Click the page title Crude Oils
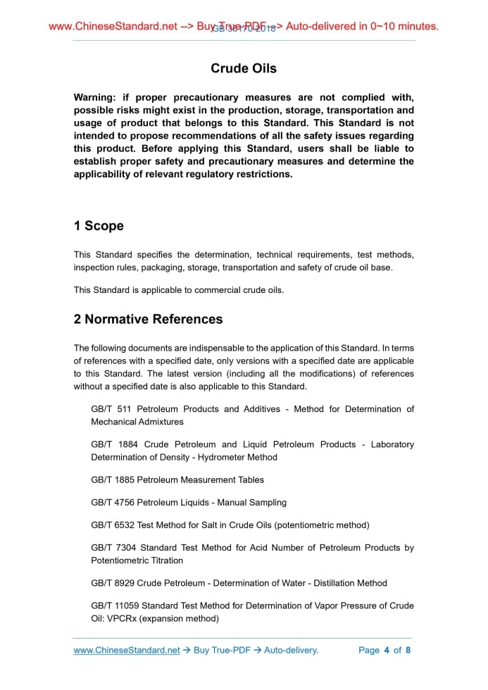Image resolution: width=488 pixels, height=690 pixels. (244, 68)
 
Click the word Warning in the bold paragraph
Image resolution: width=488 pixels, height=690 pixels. (94, 98)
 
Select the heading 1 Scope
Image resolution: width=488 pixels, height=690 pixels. (99, 226)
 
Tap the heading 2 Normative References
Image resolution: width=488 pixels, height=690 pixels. (148, 320)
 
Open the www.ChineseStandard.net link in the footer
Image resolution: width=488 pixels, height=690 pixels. (127, 650)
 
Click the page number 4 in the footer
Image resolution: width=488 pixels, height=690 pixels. (387, 650)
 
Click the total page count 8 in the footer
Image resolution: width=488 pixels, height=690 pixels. (408, 650)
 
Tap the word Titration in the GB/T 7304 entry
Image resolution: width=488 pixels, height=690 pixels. (163, 561)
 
